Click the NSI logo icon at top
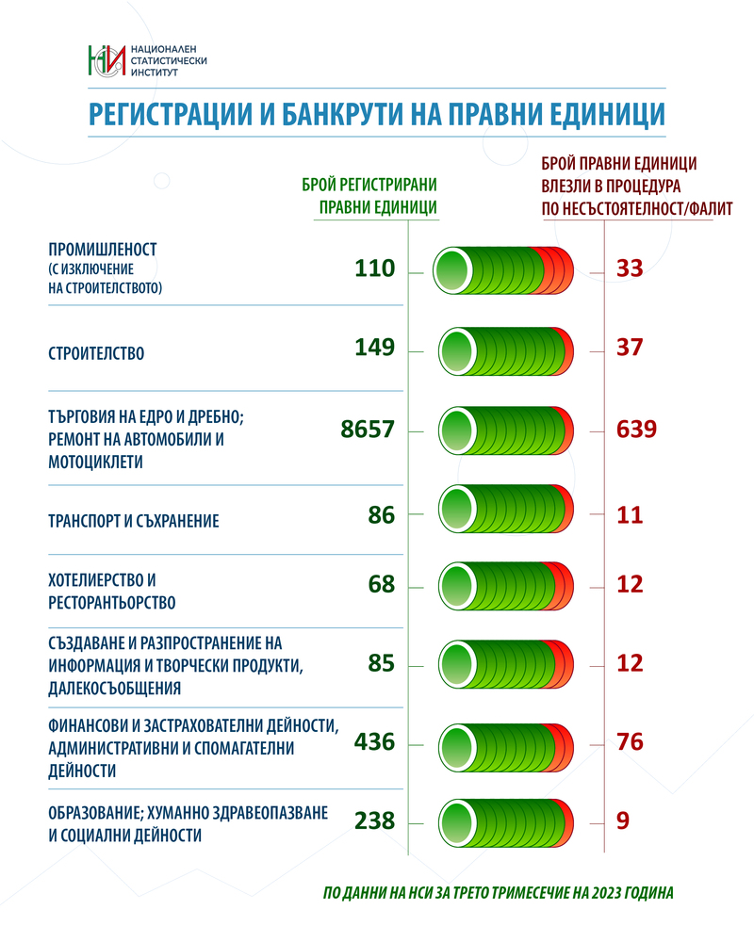[105, 60]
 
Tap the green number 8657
[366, 430]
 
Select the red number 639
[636, 430]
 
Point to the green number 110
[373, 268]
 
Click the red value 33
[629, 268]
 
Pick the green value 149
[373, 348]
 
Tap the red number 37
[629, 348]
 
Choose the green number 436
[373, 742]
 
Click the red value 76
[629, 742]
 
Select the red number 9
[622, 820]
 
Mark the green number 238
[373, 820]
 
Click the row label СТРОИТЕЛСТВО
[95, 354]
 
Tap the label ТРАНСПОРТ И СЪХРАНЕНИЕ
[133, 520]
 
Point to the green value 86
[381, 515]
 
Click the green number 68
[381, 584]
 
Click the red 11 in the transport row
[629, 515]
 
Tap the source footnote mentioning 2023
[499, 891]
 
